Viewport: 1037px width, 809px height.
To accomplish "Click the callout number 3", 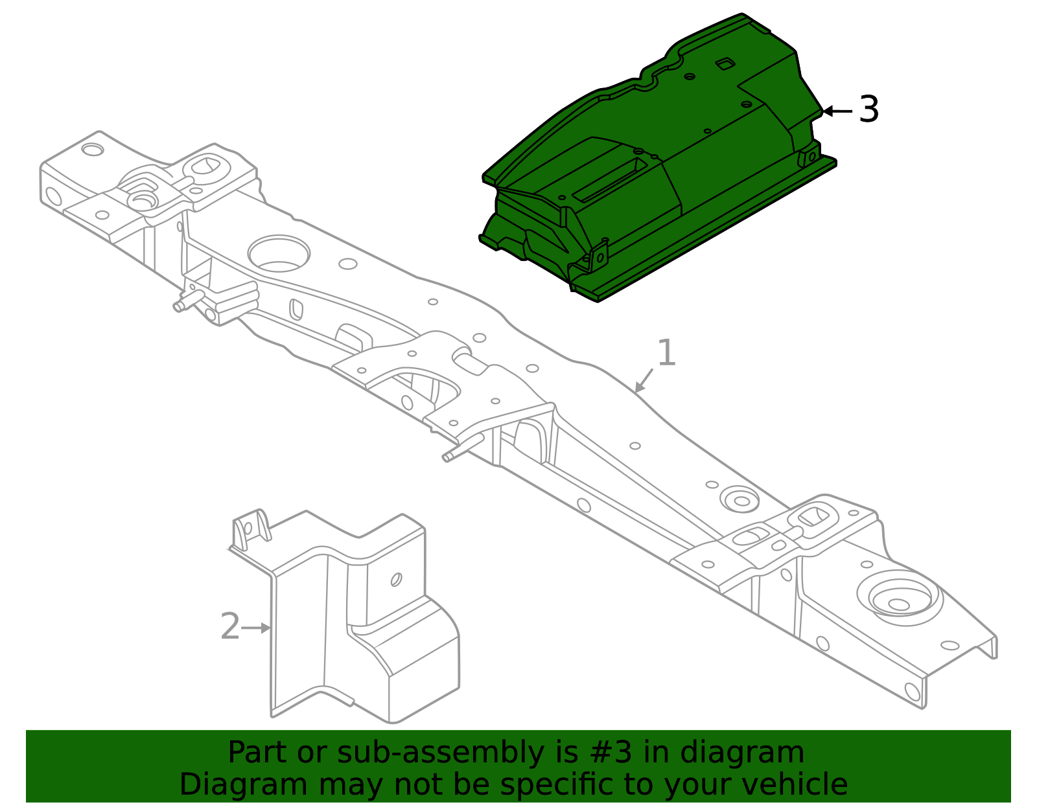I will pos(869,109).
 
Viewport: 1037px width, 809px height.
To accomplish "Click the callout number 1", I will pos(666,354).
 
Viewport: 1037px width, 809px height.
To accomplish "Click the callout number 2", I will pos(230,627).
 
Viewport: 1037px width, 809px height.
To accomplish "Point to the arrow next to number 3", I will pos(837,111).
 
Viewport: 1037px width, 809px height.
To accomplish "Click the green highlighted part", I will pos(655,162).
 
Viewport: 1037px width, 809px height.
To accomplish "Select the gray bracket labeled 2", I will pos(363,622).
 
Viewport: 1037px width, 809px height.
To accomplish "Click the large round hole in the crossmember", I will pos(279,253).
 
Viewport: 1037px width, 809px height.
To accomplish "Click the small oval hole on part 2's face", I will pos(396,579).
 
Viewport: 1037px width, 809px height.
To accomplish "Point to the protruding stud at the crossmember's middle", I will pos(461,450).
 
